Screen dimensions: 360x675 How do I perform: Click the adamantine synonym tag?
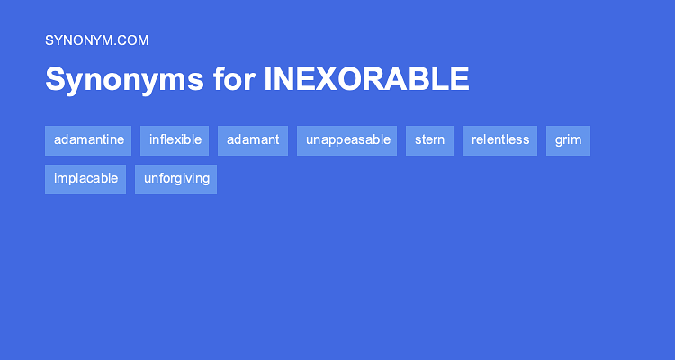point(88,140)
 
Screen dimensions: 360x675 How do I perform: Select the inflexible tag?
point(175,140)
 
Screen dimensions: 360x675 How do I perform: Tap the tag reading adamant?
point(253,140)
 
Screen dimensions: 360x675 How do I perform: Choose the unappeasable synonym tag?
point(347,140)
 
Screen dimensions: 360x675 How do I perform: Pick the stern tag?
point(429,140)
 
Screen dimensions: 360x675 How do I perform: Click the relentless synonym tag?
point(500,140)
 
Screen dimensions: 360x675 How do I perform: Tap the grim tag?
point(568,140)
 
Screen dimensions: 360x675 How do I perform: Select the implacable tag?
point(85,179)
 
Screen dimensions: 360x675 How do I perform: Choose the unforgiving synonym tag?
point(176,179)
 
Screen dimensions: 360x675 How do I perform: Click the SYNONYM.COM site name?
point(96,40)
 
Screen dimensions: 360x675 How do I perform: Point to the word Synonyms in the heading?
point(123,79)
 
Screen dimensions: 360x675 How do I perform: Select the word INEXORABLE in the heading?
point(366,79)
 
